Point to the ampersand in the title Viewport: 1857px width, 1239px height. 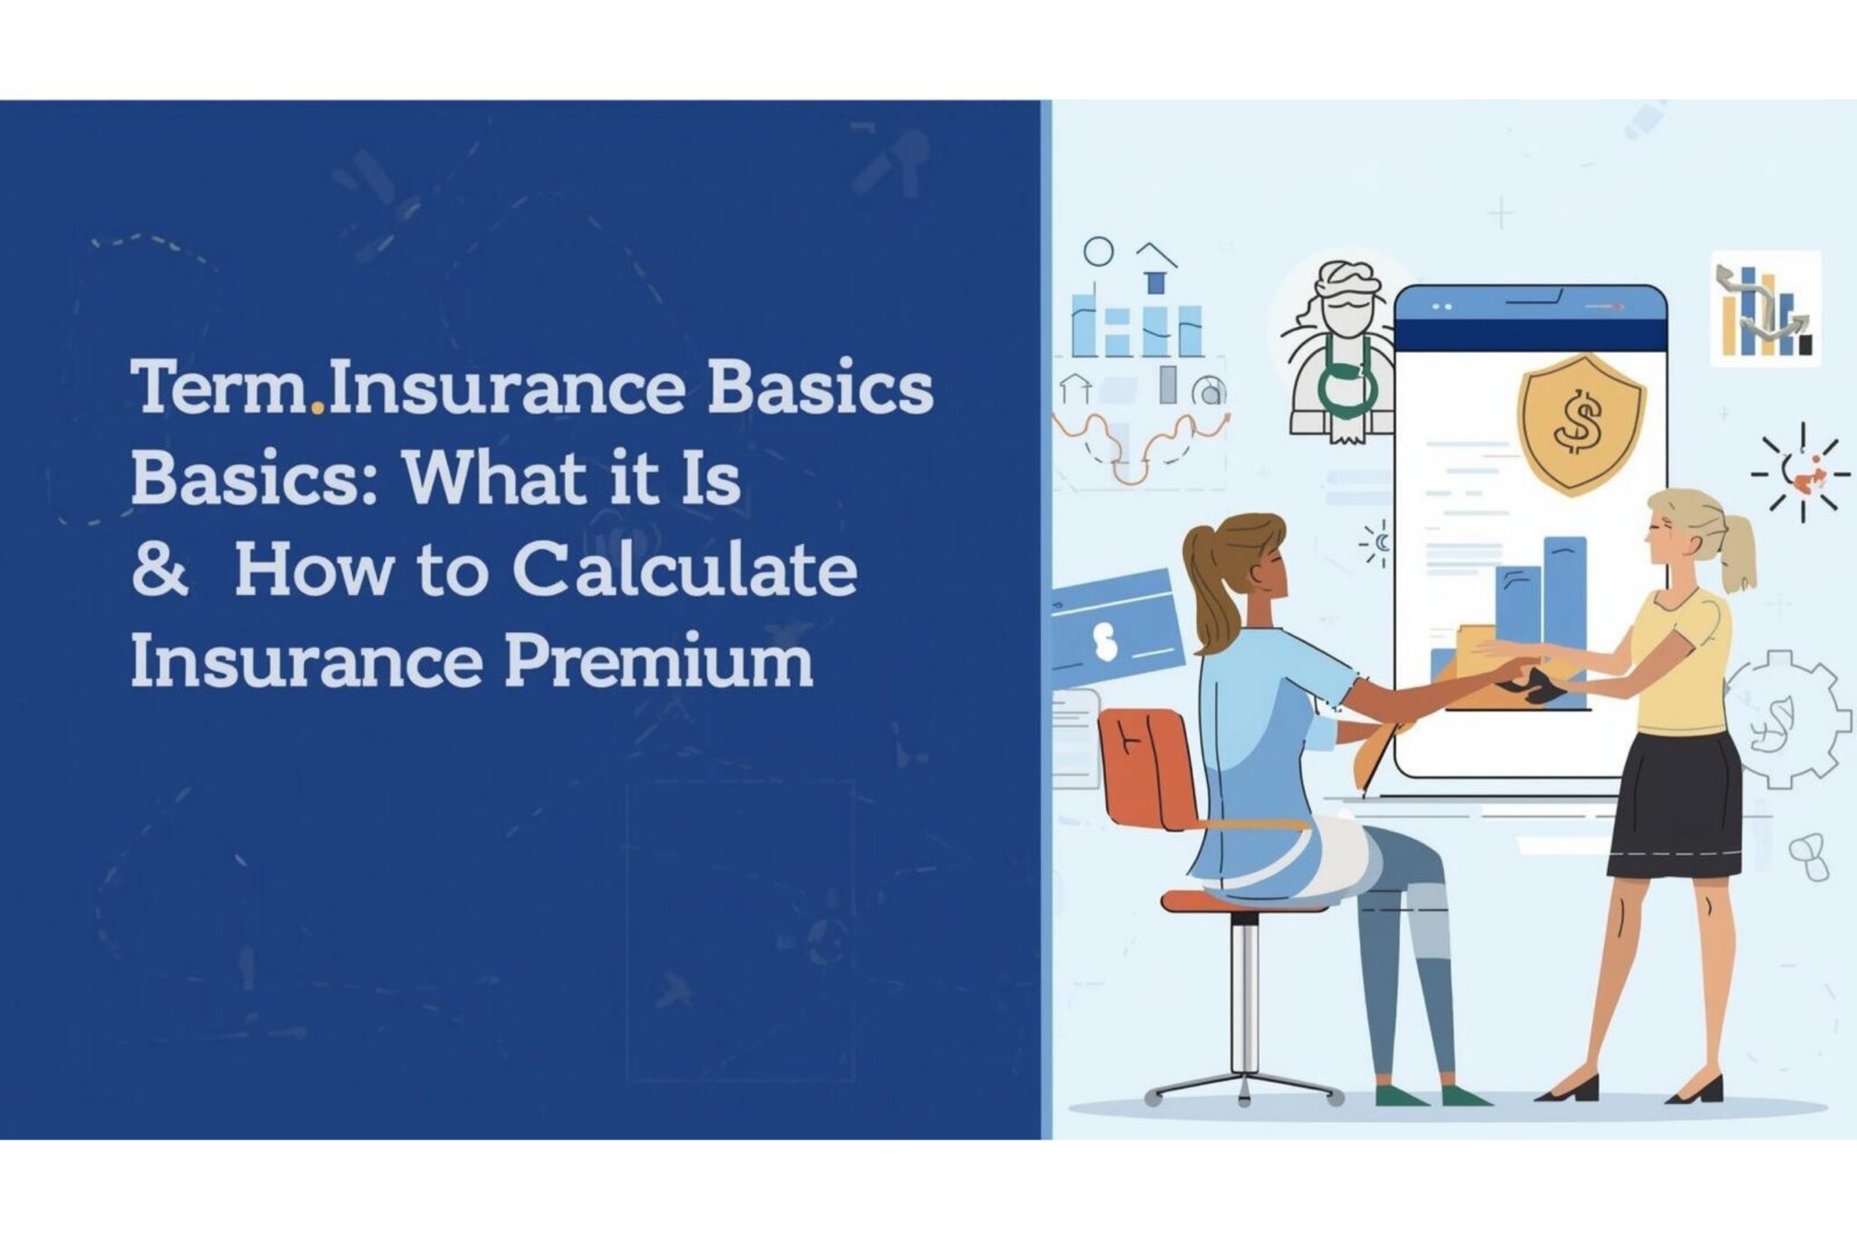(x=160, y=571)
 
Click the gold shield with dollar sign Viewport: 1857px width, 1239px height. (x=1581, y=424)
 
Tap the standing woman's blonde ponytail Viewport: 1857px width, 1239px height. (x=1735, y=550)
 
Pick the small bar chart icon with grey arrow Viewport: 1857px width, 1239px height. (x=1765, y=309)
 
